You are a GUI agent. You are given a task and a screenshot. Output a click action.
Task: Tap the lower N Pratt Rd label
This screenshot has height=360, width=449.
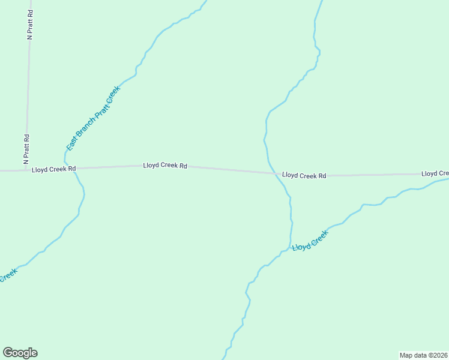[26, 149]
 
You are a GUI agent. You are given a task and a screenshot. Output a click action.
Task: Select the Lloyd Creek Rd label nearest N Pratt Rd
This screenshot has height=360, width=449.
[53, 169]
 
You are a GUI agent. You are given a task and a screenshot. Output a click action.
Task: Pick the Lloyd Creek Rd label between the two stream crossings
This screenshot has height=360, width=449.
[165, 165]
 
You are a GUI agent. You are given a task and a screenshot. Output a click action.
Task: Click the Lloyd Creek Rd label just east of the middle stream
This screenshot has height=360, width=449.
[304, 176]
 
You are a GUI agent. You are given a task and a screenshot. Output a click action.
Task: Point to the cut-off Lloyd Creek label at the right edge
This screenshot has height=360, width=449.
[435, 173]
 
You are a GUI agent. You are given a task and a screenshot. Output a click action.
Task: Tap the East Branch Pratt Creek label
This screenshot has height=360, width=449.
[94, 118]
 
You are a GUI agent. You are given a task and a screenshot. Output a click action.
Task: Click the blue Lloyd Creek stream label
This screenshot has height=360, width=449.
[310, 241]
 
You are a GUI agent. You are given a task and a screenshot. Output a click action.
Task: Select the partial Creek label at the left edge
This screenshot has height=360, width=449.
[8, 276]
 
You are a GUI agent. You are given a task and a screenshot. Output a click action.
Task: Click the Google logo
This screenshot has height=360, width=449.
[20, 353]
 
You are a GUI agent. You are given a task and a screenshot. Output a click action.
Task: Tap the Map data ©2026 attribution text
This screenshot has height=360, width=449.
[423, 355]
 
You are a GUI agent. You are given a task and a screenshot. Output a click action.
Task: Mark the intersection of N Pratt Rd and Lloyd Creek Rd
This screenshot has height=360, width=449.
[26, 170]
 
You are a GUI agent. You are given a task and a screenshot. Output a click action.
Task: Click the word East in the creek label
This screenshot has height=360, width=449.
[71, 143]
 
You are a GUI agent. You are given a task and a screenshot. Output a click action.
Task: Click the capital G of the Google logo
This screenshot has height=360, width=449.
[8, 353]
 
